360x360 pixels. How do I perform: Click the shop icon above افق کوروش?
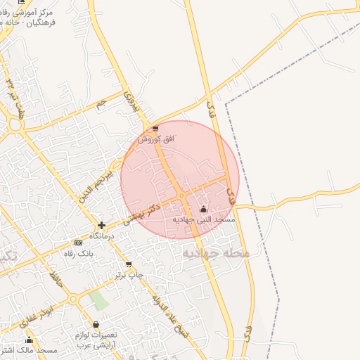155,129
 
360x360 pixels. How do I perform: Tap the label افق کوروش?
155,139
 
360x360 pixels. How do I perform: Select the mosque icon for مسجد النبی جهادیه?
204,209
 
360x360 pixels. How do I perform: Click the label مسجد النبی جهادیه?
204,220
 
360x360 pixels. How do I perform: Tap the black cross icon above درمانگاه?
102,226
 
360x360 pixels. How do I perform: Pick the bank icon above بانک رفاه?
78,243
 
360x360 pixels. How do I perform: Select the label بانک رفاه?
78,252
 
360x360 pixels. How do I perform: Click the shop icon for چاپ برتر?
128,264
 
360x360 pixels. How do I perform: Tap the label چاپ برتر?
129,275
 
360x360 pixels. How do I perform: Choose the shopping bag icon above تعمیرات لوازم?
96,324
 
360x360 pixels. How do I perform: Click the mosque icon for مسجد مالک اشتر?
29,340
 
